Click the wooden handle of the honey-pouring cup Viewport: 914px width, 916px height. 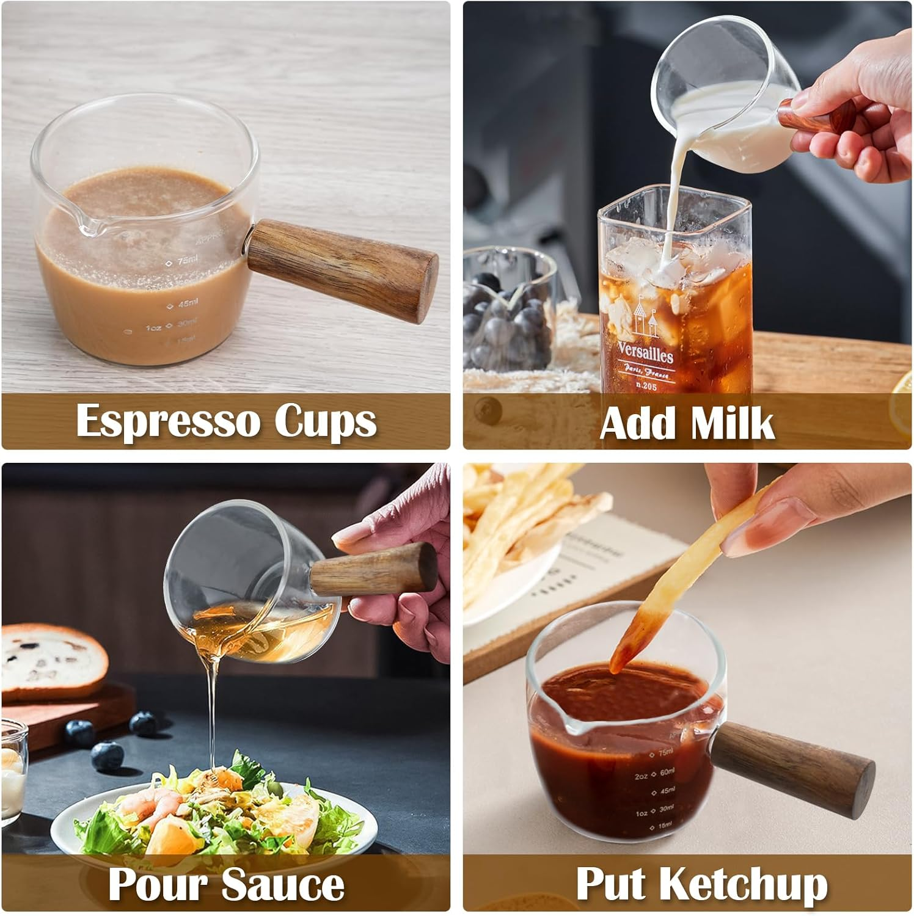pyautogui.click(x=373, y=569)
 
